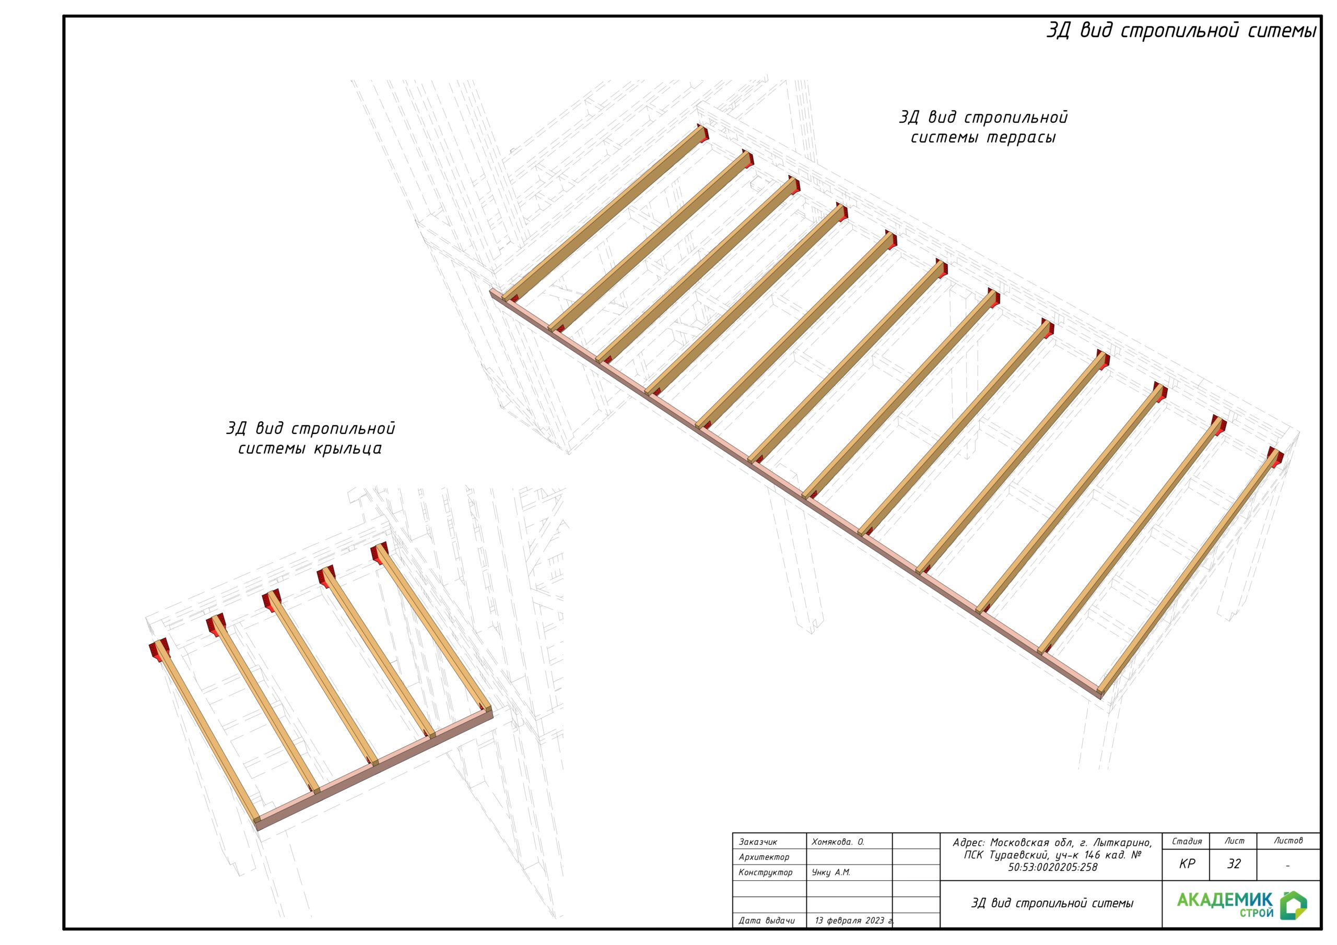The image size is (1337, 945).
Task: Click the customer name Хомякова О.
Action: pos(837,842)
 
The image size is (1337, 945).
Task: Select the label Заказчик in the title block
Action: pos(758,842)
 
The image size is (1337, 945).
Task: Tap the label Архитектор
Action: pos(764,857)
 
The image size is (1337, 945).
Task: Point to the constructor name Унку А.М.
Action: pos(831,872)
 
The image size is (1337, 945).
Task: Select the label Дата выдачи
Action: pos(766,920)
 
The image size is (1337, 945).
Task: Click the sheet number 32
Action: pos(1234,864)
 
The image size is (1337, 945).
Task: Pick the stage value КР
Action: pos(1186,864)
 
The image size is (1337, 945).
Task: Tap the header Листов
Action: pos(1288,841)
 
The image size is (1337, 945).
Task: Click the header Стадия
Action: pos(1186,841)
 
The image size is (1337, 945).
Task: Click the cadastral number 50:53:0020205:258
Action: pos(1052,867)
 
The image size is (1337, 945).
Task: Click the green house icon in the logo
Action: pos(1293,905)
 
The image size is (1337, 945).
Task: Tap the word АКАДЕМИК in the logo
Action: pos(1225,900)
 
